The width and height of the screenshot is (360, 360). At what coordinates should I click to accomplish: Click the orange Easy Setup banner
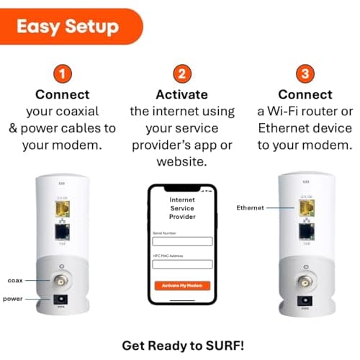coord(68,27)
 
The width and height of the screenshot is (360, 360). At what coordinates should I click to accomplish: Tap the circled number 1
coord(63,73)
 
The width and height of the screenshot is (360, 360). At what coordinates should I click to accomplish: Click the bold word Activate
coord(181,95)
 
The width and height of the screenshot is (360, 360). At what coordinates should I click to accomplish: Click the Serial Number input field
coord(182,242)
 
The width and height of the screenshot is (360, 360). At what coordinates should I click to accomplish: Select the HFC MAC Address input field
coord(182,264)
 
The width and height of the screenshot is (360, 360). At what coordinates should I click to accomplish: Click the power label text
coord(14,298)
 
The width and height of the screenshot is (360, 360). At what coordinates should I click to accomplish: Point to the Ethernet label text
coord(251,207)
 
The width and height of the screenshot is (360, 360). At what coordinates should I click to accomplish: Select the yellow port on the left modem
coord(62,209)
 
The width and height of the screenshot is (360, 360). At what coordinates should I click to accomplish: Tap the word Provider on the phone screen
coord(182,216)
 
